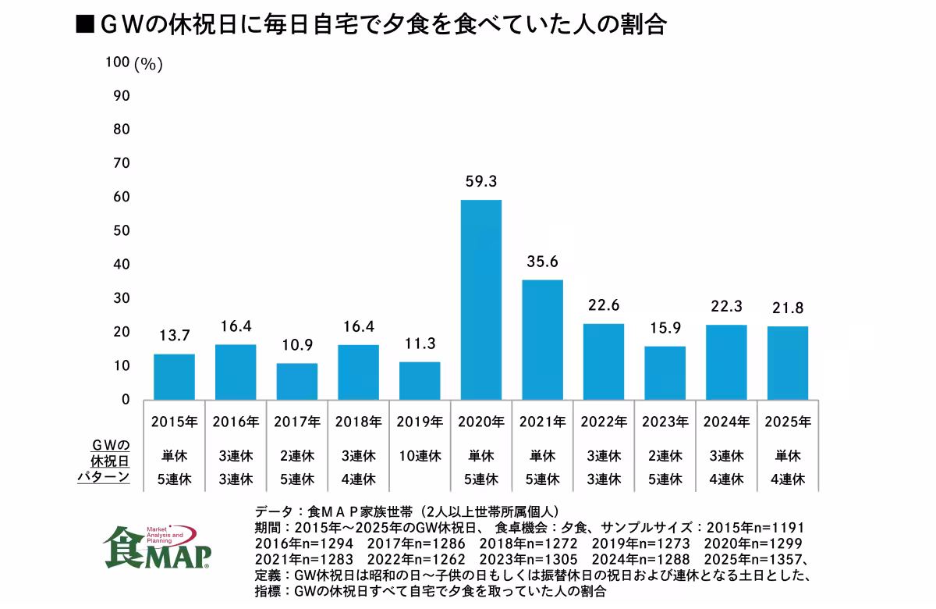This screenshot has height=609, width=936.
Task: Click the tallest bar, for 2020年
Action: coord(481,300)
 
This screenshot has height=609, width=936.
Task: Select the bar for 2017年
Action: coord(296,381)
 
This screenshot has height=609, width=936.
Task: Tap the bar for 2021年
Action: coord(542,340)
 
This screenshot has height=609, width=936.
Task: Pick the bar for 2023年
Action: coord(665,372)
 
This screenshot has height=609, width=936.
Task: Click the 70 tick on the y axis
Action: coord(120,163)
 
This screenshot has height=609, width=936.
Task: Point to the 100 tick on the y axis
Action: coord(117,63)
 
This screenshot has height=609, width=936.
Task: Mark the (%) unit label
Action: coord(148,65)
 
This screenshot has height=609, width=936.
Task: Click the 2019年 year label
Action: coord(420,422)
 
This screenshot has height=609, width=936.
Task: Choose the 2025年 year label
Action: coord(788,422)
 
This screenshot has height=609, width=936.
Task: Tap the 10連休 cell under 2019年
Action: coord(420,455)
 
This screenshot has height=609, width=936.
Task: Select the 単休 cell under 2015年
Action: coord(174,455)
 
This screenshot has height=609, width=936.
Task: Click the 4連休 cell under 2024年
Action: coord(726,479)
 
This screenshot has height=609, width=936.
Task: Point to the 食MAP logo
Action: coord(156,544)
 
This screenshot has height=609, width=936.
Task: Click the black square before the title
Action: coord(83,25)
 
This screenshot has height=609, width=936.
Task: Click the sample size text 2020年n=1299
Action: coord(749,543)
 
